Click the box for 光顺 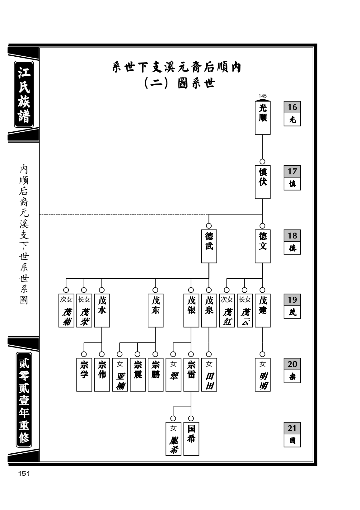pos(262,118)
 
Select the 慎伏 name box pos(262,182)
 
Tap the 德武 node pos(209,246)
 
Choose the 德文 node pos(262,246)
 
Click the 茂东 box pos(156,310)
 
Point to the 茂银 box pos(191,310)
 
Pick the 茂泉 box pos(209,310)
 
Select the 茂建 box pos(262,310)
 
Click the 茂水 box pos(102,310)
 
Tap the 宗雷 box pos(191,375)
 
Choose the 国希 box pos(191,439)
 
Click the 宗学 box pos(84,375)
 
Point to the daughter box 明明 pos(262,375)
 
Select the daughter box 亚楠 pos(120,375)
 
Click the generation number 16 pos(292,107)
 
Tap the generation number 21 pos(292,428)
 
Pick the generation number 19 pos(292,300)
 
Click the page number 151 pos(24,474)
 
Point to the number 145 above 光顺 pos(263,96)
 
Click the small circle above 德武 pos(209,226)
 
